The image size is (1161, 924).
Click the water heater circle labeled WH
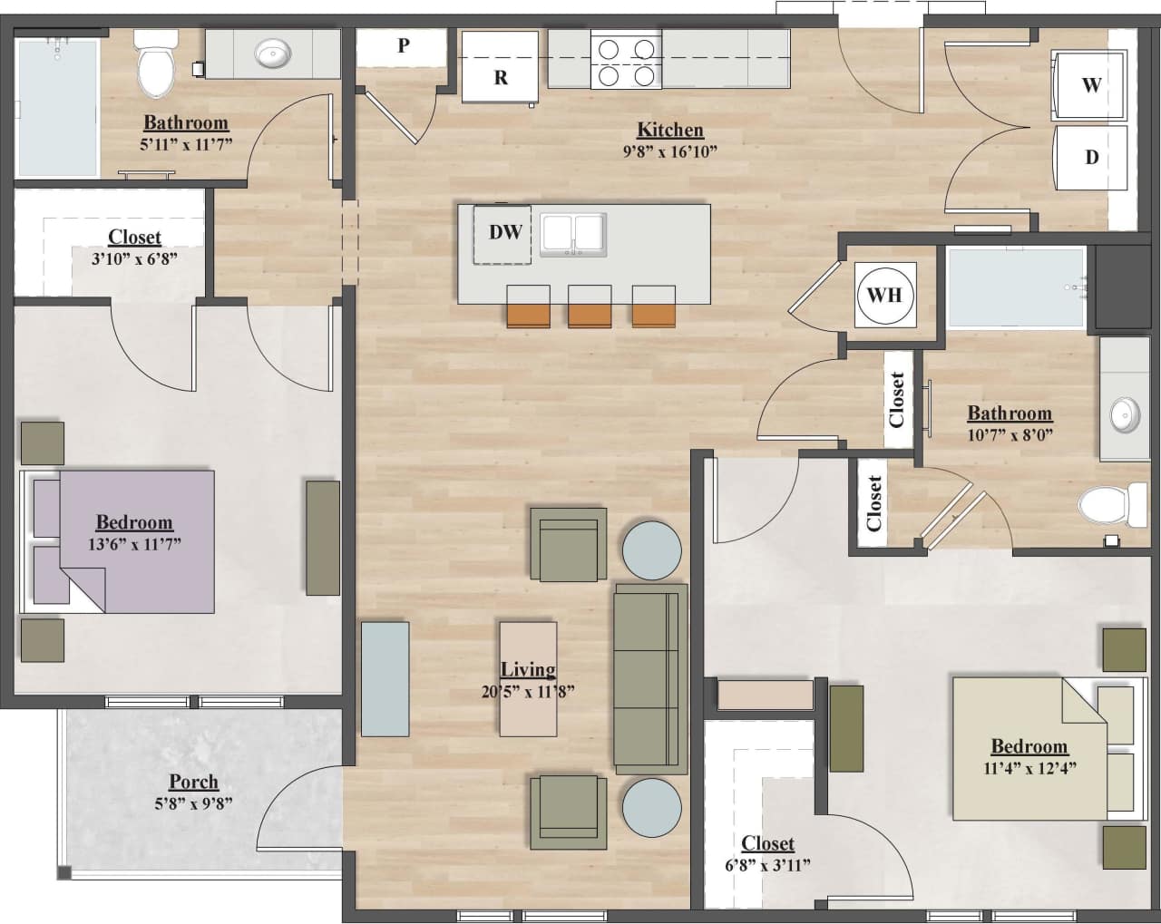[884, 295]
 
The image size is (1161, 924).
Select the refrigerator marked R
[499, 68]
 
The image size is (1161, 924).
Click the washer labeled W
[1089, 85]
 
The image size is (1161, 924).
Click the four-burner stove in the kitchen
[626, 61]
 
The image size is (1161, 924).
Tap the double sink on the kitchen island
[573, 235]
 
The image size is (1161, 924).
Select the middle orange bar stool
[590, 306]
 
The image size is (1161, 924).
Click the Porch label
[193, 782]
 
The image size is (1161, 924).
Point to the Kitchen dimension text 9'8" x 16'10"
[669, 151]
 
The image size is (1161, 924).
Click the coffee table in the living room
[528, 678]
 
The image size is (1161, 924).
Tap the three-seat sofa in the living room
[649, 678]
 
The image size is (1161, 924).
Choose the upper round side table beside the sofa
[651, 550]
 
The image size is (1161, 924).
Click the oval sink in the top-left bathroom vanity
[271, 55]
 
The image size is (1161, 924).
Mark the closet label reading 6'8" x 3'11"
[767, 865]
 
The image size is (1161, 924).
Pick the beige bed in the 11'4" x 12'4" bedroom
[1029, 747]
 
